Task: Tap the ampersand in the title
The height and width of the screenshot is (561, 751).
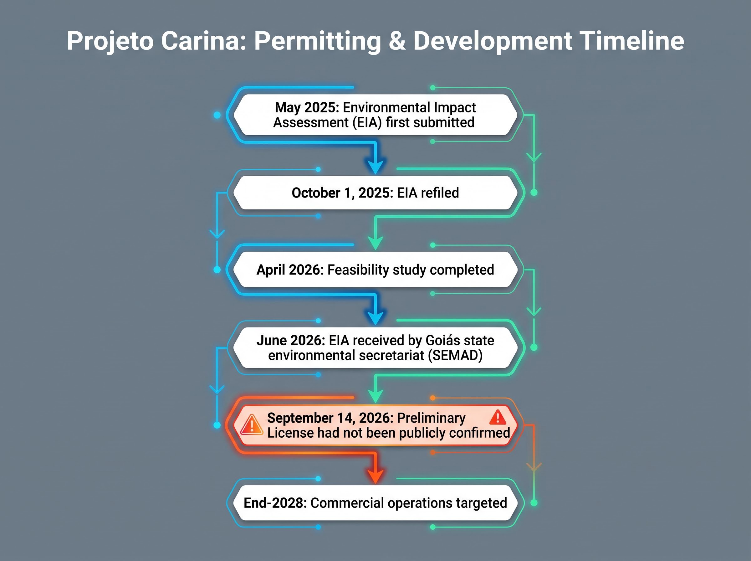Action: pos(397,41)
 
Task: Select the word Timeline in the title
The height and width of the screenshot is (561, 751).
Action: pos(631,41)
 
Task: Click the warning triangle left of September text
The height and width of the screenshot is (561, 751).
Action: pos(252,425)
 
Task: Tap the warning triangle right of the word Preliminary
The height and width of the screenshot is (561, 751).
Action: pos(498,417)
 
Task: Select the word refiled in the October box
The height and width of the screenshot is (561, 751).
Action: pos(440,193)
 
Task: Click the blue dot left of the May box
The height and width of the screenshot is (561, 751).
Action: pos(217,115)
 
